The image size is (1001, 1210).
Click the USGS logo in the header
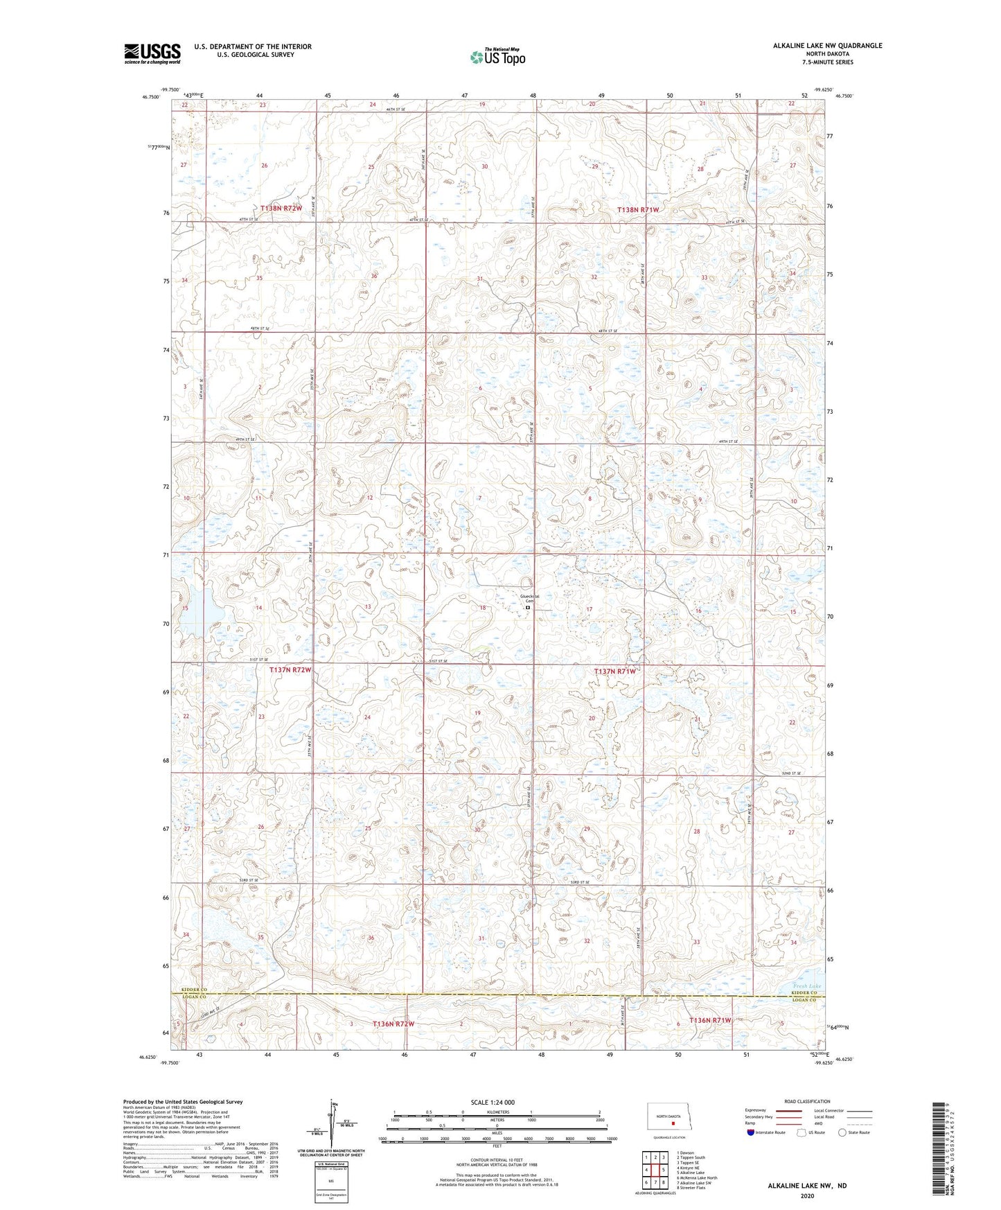point(152,53)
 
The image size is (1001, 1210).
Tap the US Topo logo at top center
point(497,57)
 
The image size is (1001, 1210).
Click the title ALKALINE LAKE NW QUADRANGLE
point(827,46)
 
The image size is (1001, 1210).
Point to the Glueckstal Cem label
point(530,598)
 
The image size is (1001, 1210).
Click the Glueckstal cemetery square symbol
point(528,607)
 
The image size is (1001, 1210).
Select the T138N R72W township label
point(281,208)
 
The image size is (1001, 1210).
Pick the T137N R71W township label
point(615,671)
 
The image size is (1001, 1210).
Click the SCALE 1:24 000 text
point(492,1103)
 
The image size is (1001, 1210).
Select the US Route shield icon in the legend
point(802,1132)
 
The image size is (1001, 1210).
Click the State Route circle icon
point(842,1132)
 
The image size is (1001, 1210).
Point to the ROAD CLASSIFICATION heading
point(807,1101)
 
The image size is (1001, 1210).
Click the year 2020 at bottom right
point(807,1195)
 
